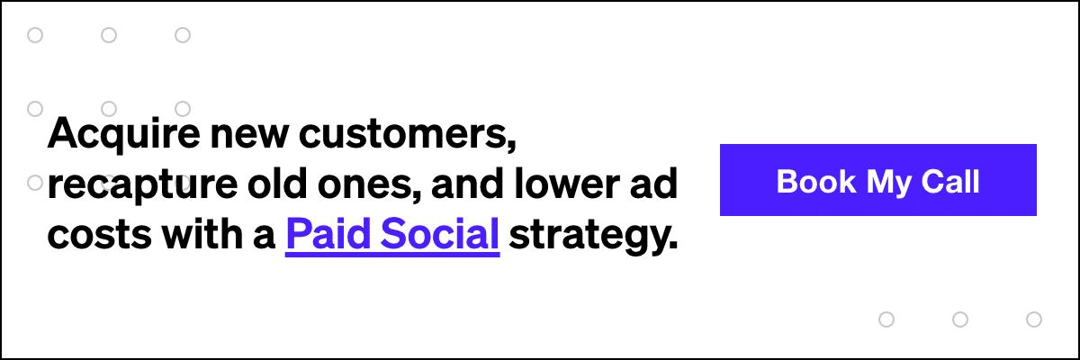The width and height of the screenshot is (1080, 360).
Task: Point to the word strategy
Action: tap(592, 236)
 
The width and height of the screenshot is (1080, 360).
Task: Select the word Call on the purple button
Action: tap(951, 181)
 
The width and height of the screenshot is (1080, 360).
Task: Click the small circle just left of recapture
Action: tap(36, 183)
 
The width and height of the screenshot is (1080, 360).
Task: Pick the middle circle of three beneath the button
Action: tap(960, 319)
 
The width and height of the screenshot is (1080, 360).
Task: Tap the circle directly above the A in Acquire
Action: tap(36, 109)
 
